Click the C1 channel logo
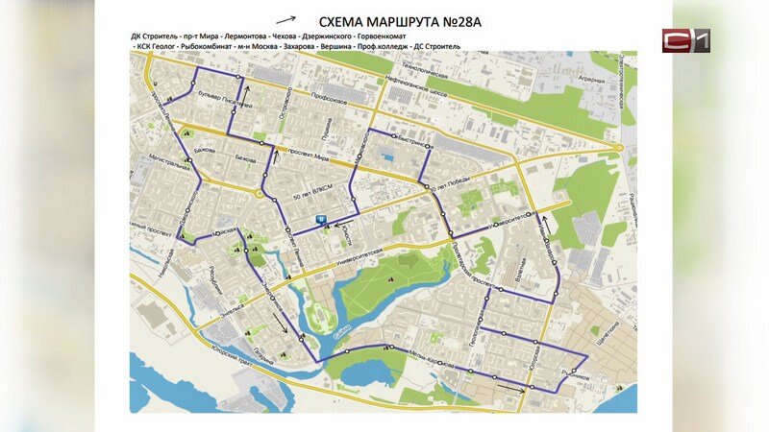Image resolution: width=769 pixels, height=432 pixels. tap(684, 40)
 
